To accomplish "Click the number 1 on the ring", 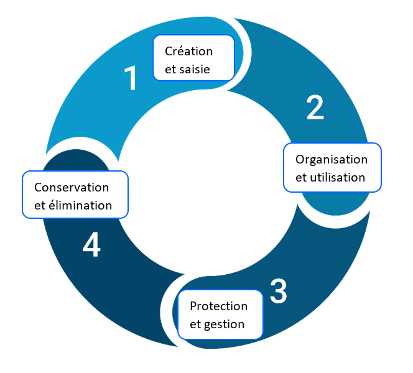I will [x=131, y=79].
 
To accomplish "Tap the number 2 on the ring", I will [x=315, y=108].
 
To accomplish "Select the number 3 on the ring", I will [x=278, y=291].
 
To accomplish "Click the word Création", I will [x=189, y=51].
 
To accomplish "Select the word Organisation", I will [x=332, y=159].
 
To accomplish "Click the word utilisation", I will [x=339, y=177].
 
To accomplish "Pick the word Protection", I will [x=218, y=306].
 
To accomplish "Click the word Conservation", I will [x=72, y=187].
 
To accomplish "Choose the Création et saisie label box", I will [x=193, y=58].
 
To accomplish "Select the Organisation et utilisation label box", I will [x=332, y=168].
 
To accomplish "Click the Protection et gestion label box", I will [x=220, y=315].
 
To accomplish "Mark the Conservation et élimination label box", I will [x=75, y=195].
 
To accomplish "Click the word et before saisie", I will [x=170, y=69].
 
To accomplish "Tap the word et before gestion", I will [x=195, y=325].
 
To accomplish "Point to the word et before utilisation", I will [x=301, y=177].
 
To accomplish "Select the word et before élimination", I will [x=40, y=205].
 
